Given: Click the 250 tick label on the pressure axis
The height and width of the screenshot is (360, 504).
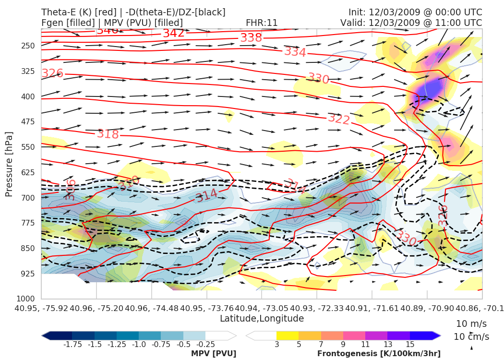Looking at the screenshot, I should point(28,46).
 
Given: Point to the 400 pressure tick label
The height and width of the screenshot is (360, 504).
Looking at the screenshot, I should point(28,96).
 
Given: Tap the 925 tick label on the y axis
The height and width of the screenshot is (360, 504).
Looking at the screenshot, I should point(28,274).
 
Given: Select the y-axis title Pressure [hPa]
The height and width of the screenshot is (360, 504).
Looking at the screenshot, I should point(9,164).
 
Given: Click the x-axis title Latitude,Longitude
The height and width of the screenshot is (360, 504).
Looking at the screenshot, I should point(262,318).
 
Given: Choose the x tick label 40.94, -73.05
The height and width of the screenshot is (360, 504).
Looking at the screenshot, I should point(262,307).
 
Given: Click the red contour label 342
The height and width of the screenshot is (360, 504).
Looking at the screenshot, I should point(173,34).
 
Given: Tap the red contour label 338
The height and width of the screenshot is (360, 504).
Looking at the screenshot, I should point(251,38).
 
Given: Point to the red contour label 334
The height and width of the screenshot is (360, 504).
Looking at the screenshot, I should point(295,52).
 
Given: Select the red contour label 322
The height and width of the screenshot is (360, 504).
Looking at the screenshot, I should point(339,119).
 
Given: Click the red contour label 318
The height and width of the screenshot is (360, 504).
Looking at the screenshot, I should point(108,134).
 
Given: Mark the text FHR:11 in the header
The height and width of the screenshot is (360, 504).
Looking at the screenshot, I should point(262,23).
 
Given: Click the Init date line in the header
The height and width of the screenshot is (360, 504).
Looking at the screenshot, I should point(415,12).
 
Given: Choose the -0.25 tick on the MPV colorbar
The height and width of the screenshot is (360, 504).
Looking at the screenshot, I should point(205,344).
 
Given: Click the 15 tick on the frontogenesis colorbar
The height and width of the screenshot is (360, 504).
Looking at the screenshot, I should point(409,344).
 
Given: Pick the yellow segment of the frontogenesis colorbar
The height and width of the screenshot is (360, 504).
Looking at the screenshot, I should point(287,335).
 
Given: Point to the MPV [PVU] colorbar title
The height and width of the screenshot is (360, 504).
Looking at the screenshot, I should point(214,354).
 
